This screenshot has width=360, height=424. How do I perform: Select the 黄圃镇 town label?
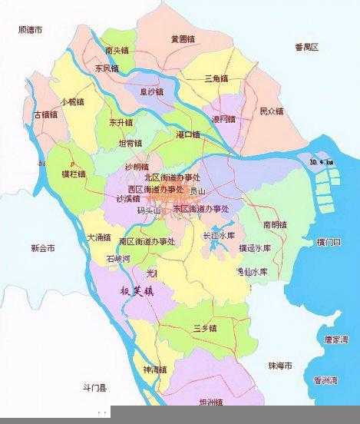tap(183, 38)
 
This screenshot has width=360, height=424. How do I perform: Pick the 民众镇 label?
tap(271, 111)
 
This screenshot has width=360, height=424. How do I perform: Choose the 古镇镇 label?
tap(46, 114)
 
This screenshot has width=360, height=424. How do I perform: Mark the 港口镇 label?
tap(187, 135)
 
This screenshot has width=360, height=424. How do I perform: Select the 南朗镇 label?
tap(274, 225)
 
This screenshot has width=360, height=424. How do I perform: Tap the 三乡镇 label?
tap(205, 328)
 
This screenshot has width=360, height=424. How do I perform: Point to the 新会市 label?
tap(43, 249)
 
